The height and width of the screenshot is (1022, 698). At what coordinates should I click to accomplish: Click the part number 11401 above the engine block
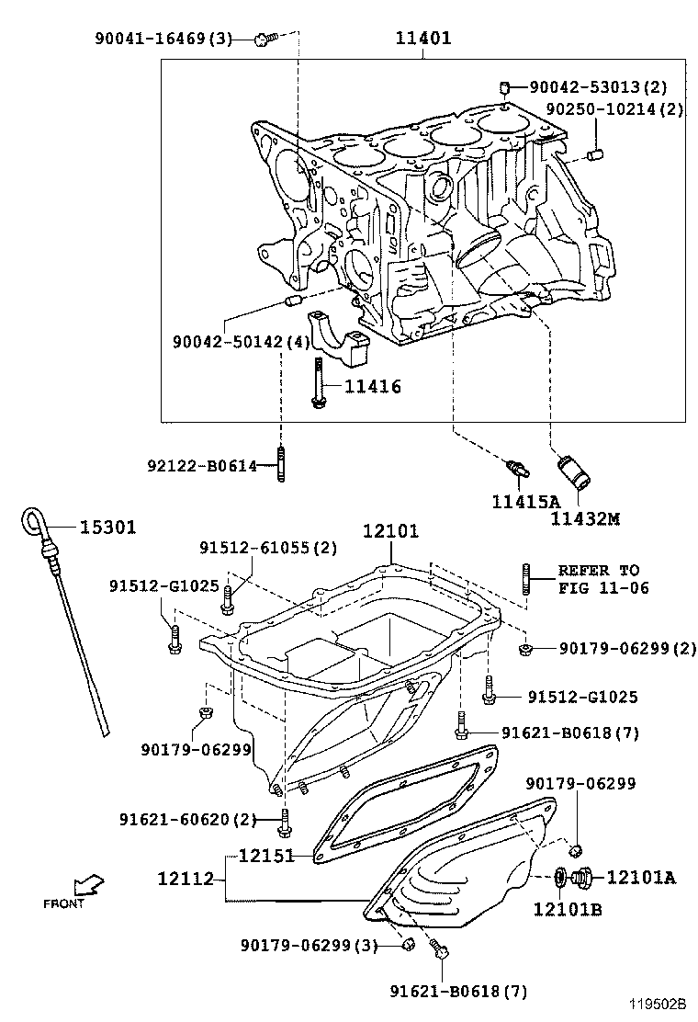click(x=423, y=40)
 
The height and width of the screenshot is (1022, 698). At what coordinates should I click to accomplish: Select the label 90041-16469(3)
click(x=163, y=39)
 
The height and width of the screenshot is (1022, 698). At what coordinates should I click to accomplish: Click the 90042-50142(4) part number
click(x=242, y=342)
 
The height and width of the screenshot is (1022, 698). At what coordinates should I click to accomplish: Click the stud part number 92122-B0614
click(x=202, y=465)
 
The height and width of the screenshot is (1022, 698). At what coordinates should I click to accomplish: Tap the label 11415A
click(x=524, y=501)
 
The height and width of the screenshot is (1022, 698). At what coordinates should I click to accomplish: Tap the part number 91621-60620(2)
click(x=187, y=819)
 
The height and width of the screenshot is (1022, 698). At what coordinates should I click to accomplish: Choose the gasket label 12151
click(x=266, y=856)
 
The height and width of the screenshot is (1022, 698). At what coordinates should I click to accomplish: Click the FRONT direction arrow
click(x=88, y=888)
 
